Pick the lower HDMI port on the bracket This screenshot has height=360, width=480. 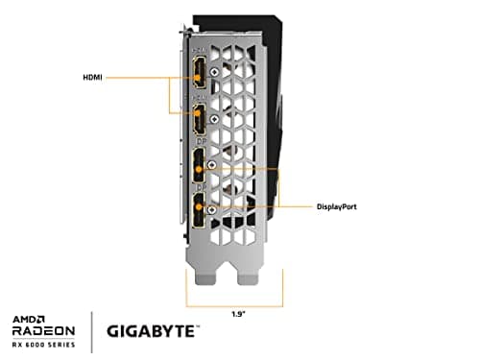pyautogui.click(x=198, y=120)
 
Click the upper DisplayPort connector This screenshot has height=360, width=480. pyautogui.click(x=198, y=165)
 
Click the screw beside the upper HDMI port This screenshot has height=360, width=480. pyautogui.click(x=212, y=93)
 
